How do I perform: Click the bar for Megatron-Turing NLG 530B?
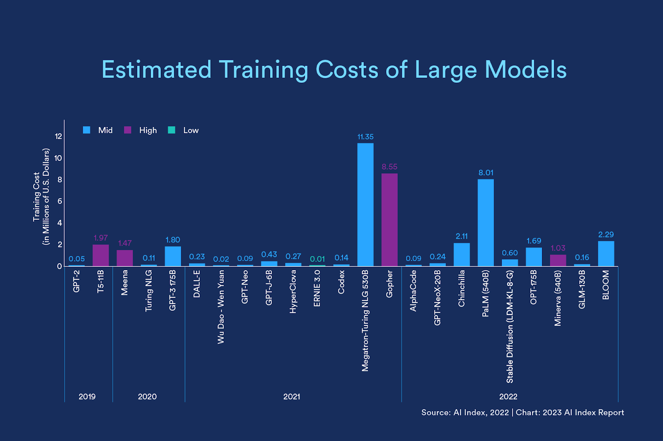365,204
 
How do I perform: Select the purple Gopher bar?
390,220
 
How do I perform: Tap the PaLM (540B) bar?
486,223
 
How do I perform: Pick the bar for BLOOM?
606,254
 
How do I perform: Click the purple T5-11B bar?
101,255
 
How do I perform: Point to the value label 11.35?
365,137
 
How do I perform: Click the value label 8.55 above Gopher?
390,167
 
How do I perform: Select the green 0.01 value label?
317,259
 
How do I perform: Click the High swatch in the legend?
128,130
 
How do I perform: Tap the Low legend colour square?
172,130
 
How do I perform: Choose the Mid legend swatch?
87,130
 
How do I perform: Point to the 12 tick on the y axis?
58,137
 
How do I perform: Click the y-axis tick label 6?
60,201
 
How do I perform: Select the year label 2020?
147,397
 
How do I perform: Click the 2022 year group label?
508,397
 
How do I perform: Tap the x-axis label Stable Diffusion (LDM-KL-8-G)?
510,326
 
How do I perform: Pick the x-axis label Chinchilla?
462,288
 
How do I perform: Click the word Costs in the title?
347,70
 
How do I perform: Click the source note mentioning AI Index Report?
523,412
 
